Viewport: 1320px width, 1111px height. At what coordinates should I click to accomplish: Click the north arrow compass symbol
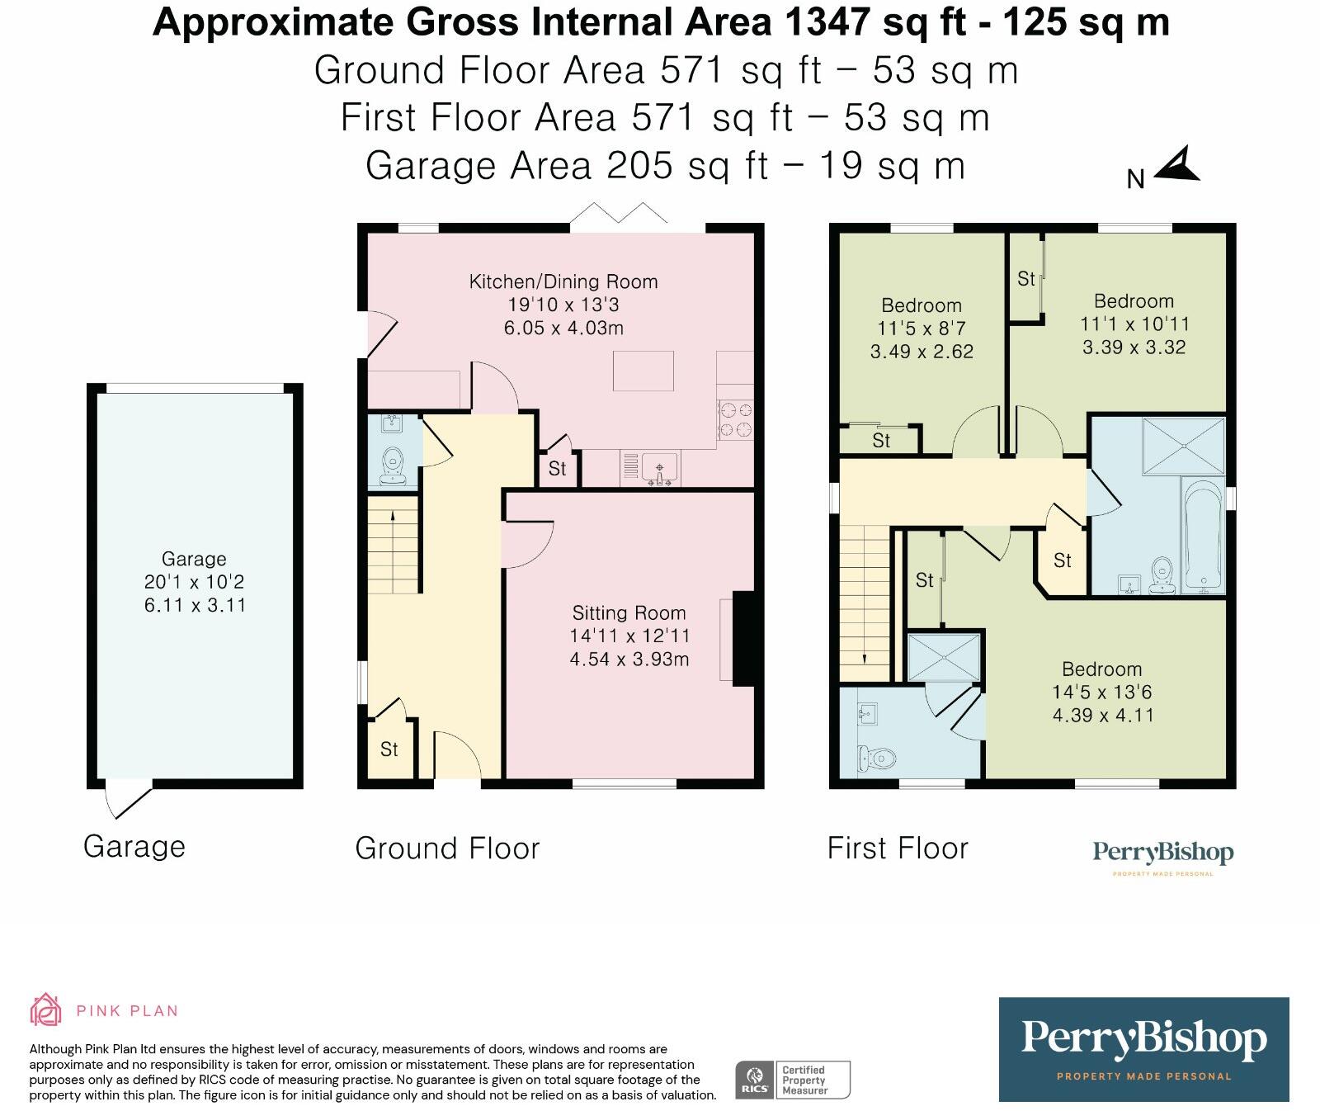1179,165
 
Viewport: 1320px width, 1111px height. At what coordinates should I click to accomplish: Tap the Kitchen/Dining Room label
563,281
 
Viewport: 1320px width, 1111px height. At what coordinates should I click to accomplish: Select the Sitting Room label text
629,613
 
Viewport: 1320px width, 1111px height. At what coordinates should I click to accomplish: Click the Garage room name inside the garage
194,559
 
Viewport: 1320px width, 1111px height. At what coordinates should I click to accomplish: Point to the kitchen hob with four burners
735,419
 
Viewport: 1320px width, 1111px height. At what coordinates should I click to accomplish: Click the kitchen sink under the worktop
658,470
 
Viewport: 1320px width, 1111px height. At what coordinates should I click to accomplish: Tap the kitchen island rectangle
643,371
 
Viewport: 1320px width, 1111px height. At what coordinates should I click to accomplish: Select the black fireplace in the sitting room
743,639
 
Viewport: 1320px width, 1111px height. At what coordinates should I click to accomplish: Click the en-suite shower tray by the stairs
944,658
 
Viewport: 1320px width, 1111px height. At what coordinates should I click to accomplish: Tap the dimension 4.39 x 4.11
1103,716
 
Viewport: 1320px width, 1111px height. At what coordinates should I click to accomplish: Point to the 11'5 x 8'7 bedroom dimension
922,329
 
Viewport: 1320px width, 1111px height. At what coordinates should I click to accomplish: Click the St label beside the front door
389,749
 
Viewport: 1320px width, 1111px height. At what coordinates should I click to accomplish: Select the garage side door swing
129,801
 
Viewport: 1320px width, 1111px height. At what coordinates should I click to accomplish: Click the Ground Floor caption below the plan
447,849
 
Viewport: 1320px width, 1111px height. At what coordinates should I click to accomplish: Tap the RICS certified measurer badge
793,1080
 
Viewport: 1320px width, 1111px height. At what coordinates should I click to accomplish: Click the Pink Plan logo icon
46,1009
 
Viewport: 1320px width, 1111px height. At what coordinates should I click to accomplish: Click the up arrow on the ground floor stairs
393,516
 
